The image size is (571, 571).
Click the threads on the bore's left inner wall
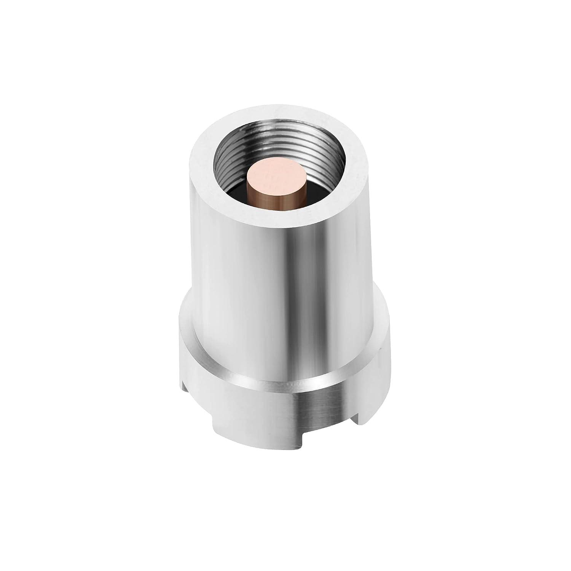(x=225, y=167)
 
